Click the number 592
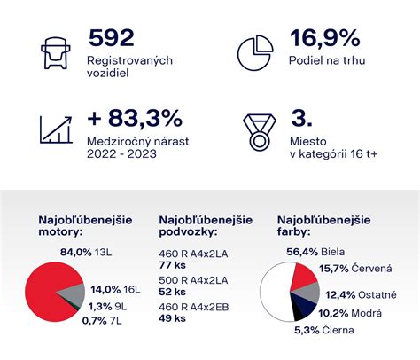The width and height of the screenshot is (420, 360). point(112,38)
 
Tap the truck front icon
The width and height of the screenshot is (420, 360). point(55,52)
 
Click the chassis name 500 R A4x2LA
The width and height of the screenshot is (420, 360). point(192,279)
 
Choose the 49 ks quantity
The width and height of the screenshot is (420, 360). point(172,318)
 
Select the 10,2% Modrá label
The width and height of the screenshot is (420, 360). point(348,312)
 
